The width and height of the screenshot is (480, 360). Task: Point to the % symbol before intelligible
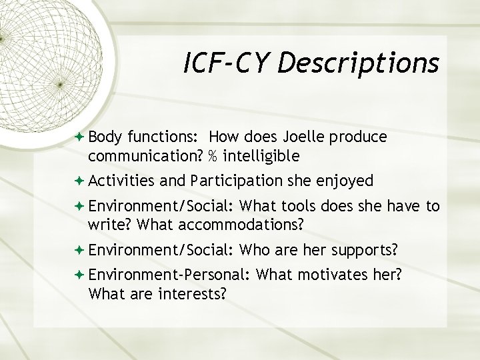211,156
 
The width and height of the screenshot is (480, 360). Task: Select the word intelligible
261,156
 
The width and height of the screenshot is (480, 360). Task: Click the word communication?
145,156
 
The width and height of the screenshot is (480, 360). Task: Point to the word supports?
363,250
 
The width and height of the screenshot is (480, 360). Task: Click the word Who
253,250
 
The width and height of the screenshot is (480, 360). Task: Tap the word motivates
324,275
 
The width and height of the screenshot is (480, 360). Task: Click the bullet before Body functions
80,137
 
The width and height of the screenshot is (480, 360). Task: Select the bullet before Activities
80,181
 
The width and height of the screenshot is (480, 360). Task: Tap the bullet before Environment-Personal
80,275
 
